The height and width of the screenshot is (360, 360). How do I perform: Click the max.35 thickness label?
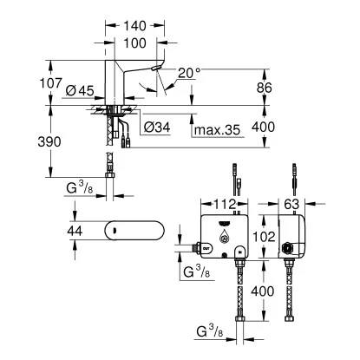[217, 131]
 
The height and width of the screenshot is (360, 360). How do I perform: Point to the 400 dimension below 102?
[262, 292]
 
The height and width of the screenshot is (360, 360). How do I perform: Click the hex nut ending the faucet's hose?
[109, 179]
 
